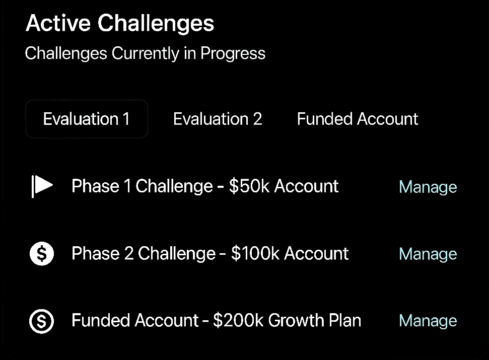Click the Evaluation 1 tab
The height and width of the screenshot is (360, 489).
click(87, 119)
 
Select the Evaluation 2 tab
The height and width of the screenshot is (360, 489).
click(218, 119)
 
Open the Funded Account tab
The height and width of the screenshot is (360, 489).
click(358, 119)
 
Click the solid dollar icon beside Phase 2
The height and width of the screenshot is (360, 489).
click(42, 253)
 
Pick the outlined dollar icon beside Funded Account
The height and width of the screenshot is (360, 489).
click(41, 321)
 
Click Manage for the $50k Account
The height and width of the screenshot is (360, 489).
click(428, 187)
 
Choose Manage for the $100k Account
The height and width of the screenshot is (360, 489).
click(428, 254)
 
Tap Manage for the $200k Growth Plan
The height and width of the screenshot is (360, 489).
click(428, 321)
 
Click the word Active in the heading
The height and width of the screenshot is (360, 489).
click(58, 23)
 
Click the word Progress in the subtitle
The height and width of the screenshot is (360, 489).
click(233, 53)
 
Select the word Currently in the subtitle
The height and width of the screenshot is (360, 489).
click(146, 53)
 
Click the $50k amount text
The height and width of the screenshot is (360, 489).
click(249, 186)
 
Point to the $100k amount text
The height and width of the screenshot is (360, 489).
click(255, 253)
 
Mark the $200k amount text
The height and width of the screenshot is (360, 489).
click(239, 320)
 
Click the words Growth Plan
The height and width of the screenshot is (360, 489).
click(314, 320)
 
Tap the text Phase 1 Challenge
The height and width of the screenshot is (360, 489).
click(142, 186)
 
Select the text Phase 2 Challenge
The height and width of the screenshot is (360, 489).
click(144, 253)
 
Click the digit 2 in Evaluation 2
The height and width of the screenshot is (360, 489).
click(257, 119)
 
